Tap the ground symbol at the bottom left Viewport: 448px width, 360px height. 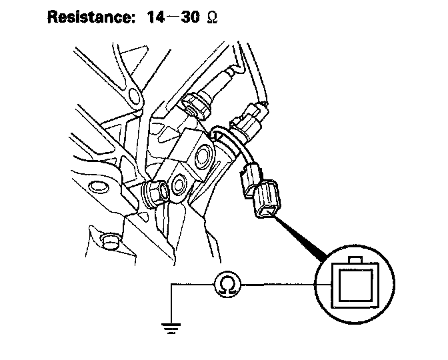[x=173, y=328]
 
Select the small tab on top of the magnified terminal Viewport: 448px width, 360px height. [x=355, y=259]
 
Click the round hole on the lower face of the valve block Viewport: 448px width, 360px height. [x=179, y=183]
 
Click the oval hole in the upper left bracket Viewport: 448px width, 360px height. [x=132, y=98]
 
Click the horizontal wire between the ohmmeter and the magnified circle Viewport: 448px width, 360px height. [x=280, y=285]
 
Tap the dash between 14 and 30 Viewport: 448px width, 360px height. [x=173, y=17]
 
